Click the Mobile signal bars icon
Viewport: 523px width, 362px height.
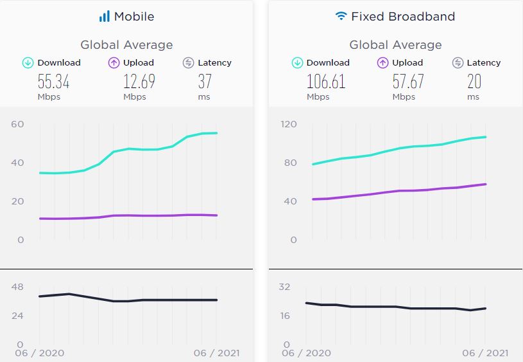(x=104, y=17)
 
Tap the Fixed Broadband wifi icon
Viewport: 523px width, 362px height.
(x=341, y=16)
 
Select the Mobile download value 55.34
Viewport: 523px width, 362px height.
(x=53, y=82)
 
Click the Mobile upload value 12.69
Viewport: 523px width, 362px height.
(x=139, y=82)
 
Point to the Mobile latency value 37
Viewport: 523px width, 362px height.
(x=204, y=82)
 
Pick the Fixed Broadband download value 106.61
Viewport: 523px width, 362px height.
(x=325, y=82)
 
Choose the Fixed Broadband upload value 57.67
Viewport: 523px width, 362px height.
(x=408, y=82)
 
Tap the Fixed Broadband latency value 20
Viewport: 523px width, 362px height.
(x=474, y=82)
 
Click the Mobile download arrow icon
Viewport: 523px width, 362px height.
(x=28, y=63)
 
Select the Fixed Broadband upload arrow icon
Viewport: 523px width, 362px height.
(x=382, y=63)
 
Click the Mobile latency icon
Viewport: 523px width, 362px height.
(x=188, y=63)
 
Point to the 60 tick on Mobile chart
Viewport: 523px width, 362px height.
(x=17, y=124)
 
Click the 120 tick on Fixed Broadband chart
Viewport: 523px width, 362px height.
(x=289, y=124)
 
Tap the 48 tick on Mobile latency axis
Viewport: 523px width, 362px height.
(x=17, y=287)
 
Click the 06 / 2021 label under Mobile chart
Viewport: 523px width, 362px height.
(x=216, y=353)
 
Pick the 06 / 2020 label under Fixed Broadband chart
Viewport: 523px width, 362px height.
(x=306, y=353)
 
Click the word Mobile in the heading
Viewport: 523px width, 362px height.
(x=134, y=17)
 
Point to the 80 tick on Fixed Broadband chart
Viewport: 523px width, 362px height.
(x=290, y=163)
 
